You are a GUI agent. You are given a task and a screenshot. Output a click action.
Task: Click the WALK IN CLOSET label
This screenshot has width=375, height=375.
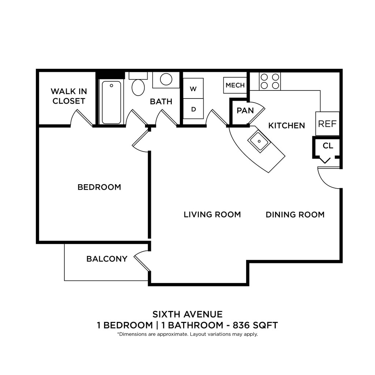click(68, 96)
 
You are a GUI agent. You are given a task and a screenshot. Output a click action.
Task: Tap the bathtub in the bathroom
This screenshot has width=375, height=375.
click(111, 103)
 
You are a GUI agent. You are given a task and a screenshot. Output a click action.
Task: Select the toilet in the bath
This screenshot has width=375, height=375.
click(138, 88)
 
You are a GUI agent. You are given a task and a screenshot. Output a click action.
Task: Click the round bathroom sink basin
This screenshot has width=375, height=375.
click(166, 79)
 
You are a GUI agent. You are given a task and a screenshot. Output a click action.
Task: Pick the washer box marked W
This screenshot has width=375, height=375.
click(193, 89)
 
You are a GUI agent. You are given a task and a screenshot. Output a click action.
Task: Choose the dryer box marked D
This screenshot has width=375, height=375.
click(193, 109)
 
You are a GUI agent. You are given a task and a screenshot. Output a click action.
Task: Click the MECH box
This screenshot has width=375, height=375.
click(235, 85)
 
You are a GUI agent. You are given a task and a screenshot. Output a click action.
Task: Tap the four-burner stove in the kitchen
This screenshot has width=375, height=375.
click(270, 81)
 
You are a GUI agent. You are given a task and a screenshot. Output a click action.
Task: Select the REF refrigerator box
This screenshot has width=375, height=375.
click(327, 124)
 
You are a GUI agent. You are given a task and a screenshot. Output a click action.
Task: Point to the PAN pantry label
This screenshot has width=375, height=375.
click(245, 111)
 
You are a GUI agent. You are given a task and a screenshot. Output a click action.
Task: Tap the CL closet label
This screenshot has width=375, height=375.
click(328, 146)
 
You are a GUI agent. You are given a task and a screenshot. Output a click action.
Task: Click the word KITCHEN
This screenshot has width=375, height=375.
click(286, 126)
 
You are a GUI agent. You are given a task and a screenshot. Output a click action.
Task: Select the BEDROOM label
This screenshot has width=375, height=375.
click(99, 187)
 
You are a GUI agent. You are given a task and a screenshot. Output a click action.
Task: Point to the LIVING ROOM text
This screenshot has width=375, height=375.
click(212, 215)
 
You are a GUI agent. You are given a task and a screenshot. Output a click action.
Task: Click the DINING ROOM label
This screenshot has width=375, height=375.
click(295, 215)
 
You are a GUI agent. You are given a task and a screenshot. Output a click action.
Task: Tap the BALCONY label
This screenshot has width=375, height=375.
click(107, 259)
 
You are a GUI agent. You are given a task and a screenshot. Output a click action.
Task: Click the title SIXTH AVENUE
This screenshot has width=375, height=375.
click(187, 314)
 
